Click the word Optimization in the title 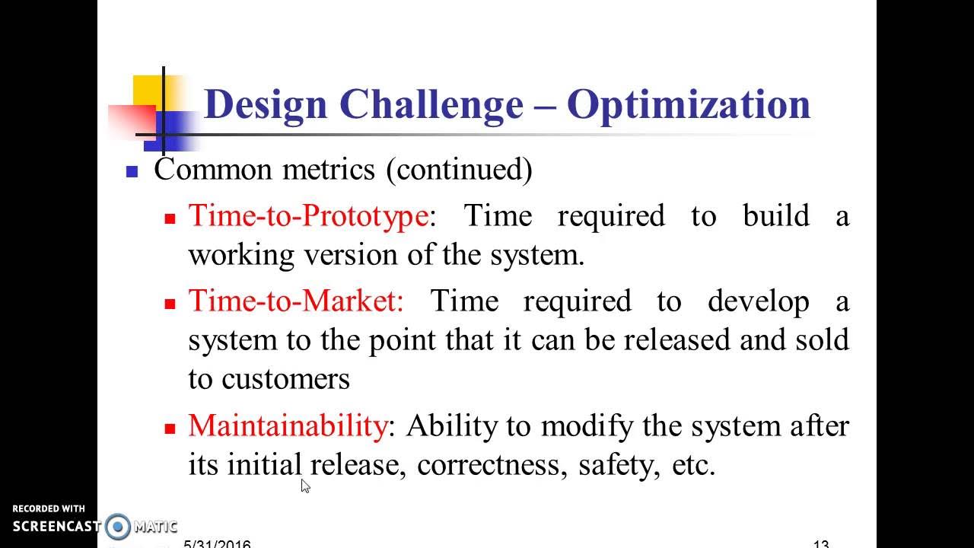(x=689, y=104)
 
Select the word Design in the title (x=265, y=104)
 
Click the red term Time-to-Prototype (x=308, y=216)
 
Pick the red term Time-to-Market (x=296, y=301)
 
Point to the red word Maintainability (x=288, y=425)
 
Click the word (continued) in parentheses (x=459, y=169)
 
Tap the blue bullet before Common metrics (x=132, y=172)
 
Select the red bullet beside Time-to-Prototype (x=170, y=218)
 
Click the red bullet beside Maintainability (x=170, y=429)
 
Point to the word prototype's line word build (x=775, y=216)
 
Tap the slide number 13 (x=820, y=543)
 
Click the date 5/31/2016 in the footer (x=218, y=543)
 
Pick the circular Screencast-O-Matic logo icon (x=118, y=526)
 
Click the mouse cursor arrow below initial (x=304, y=486)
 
